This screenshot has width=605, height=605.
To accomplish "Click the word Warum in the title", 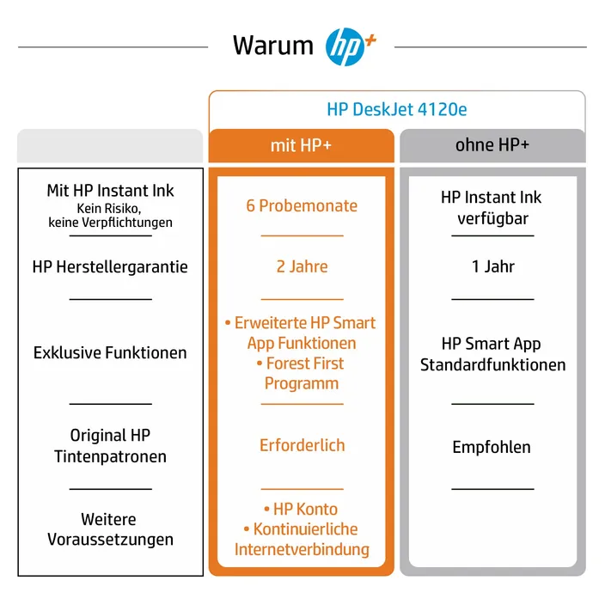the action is (x=273, y=46).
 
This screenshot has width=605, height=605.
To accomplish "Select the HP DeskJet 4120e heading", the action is (x=397, y=110).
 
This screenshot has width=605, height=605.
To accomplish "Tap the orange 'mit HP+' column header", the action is (x=302, y=145).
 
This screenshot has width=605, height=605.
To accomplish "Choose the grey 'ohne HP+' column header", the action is (x=492, y=145).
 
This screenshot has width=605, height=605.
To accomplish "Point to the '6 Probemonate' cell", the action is (x=302, y=205).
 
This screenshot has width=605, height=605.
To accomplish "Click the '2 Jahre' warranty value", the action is (x=302, y=266).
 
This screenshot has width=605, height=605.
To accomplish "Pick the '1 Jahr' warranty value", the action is (x=493, y=266).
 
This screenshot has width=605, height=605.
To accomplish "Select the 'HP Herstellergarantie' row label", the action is (x=110, y=267).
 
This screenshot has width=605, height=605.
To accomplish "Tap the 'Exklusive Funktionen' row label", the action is (x=110, y=352).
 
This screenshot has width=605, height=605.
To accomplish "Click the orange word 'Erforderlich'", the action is (x=302, y=445).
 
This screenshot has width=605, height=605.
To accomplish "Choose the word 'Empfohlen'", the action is (x=492, y=448).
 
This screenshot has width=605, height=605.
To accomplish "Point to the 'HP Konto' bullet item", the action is (x=301, y=510).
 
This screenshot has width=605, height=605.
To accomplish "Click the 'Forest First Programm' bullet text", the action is (x=301, y=374).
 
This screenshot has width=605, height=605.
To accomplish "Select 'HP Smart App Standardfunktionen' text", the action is (x=492, y=354).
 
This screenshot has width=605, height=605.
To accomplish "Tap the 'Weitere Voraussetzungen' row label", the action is (x=110, y=529).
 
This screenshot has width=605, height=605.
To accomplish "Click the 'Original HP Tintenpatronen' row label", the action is (x=110, y=446).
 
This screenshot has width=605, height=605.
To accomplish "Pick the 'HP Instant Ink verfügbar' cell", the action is (x=492, y=208).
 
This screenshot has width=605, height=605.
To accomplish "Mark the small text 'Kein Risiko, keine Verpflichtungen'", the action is (x=110, y=216).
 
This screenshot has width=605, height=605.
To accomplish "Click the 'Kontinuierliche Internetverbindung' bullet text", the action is (x=302, y=540).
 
